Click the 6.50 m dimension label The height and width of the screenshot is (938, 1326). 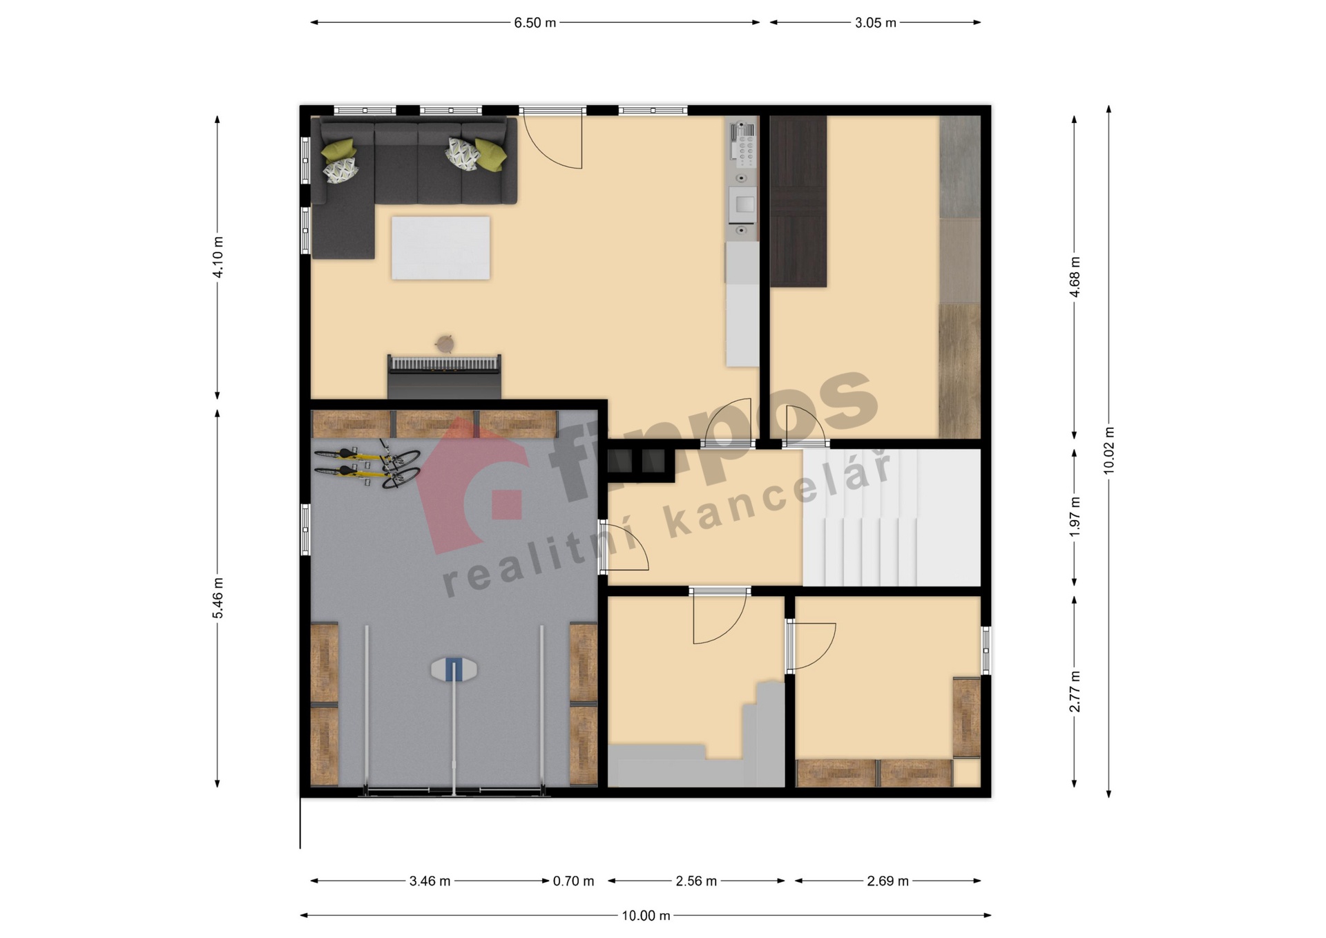tap(535, 23)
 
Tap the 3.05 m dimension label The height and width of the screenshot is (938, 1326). tap(875, 23)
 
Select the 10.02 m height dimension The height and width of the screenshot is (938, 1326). tap(1109, 450)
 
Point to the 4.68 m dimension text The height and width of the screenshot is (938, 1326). tap(1075, 277)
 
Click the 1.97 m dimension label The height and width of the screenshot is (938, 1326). tap(1075, 517)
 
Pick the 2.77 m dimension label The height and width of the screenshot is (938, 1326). tap(1075, 691)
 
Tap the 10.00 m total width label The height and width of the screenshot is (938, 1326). tap(646, 916)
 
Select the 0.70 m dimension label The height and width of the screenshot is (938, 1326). tap(573, 881)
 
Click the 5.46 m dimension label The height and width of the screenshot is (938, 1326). tap(218, 598)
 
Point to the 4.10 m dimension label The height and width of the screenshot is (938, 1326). tap(218, 257)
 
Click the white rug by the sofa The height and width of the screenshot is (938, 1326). tap(441, 248)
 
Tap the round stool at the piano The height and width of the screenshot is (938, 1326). tap(445, 343)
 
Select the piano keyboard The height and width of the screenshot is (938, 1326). tap(444, 363)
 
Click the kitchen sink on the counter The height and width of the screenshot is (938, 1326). tap(743, 204)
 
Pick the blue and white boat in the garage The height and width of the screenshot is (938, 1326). tap(454, 669)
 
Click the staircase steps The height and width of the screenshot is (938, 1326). tap(892, 518)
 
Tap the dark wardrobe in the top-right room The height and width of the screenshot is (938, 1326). tap(798, 201)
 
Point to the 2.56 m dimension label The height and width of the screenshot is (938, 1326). tap(696, 881)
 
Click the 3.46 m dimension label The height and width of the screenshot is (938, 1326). tap(430, 881)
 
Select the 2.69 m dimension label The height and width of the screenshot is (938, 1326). tap(887, 881)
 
